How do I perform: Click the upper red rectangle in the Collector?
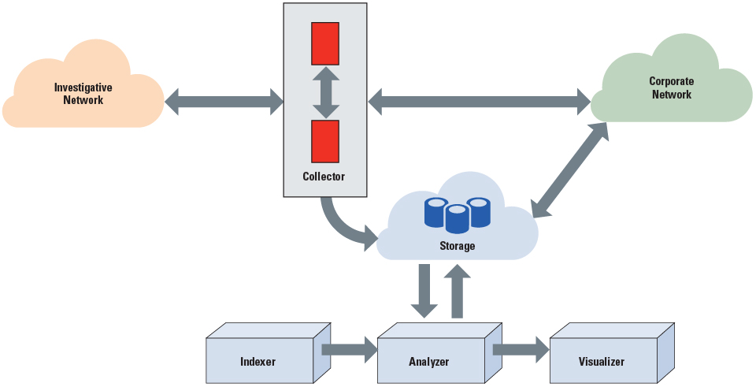325,43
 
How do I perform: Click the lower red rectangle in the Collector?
325,141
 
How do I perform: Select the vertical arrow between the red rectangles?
325,92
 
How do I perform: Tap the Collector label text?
324,177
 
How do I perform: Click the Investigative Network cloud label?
83,94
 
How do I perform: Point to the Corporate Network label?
671,87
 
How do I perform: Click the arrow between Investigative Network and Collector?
224,101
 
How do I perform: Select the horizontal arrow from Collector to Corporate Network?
480,100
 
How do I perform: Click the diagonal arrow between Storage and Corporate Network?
570,170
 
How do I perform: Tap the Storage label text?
457,246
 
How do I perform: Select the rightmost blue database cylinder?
479,210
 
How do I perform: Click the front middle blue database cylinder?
457,218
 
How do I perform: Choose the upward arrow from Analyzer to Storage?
457,292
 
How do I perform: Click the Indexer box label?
258,362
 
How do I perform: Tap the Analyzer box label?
429,362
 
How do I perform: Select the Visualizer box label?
601,362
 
